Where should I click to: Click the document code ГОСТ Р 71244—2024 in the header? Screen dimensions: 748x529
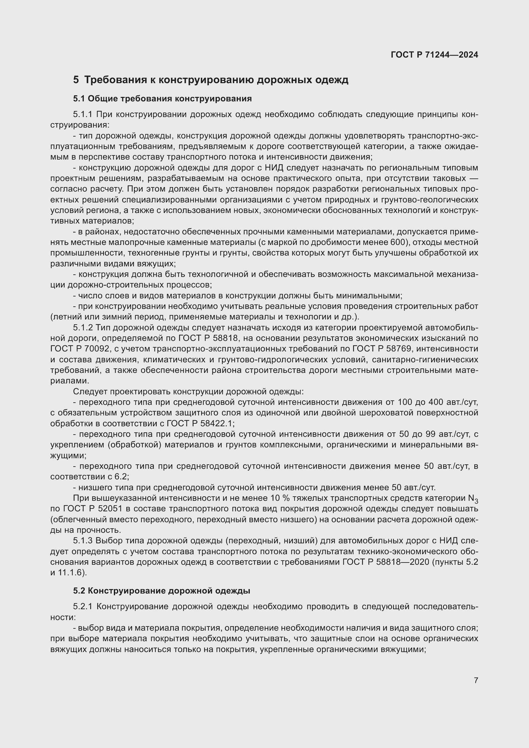(x=434, y=55)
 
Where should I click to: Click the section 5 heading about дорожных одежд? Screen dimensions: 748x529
(x=211, y=80)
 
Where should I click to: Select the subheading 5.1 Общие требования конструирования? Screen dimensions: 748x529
(x=162, y=99)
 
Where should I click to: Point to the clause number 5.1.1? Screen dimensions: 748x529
(x=83, y=114)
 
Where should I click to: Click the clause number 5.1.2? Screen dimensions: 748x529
(x=83, y=327)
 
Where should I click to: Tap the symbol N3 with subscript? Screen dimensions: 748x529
(x=473, y=499)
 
